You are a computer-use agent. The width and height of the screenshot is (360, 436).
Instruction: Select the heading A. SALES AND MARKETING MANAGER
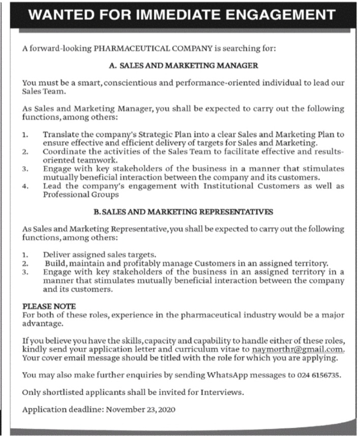coord(184,66)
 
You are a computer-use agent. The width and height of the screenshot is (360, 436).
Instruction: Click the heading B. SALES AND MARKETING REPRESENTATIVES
coord(184,211)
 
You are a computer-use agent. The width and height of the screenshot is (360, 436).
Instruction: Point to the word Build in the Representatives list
coord(54,263)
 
